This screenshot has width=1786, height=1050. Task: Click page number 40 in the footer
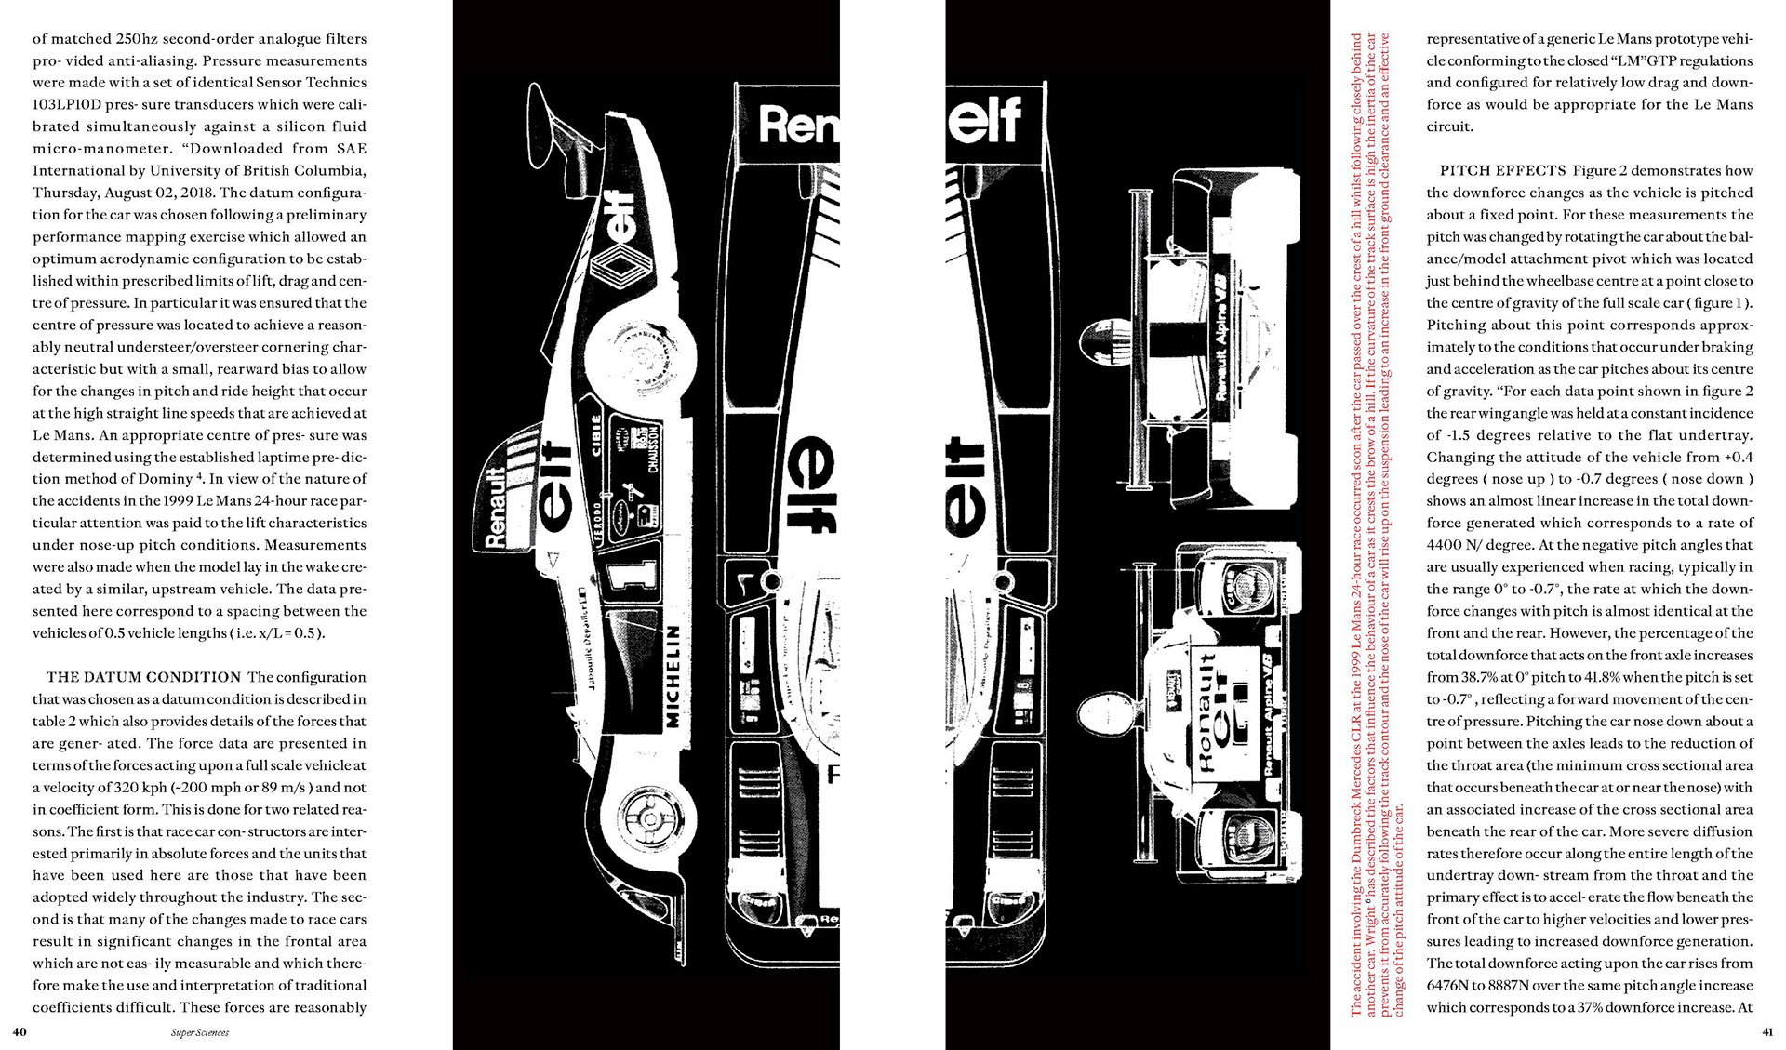pos(20,1031)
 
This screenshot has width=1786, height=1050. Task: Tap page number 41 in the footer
pos(1767,1031)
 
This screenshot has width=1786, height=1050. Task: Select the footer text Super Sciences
pos(200,1032)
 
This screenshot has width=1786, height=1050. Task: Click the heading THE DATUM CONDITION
pos(144,677)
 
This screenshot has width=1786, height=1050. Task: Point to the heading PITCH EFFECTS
pos(1503,171)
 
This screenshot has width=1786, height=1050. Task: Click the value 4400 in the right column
pos(1446,545)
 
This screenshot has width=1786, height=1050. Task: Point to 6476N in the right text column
pos(1447,986)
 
